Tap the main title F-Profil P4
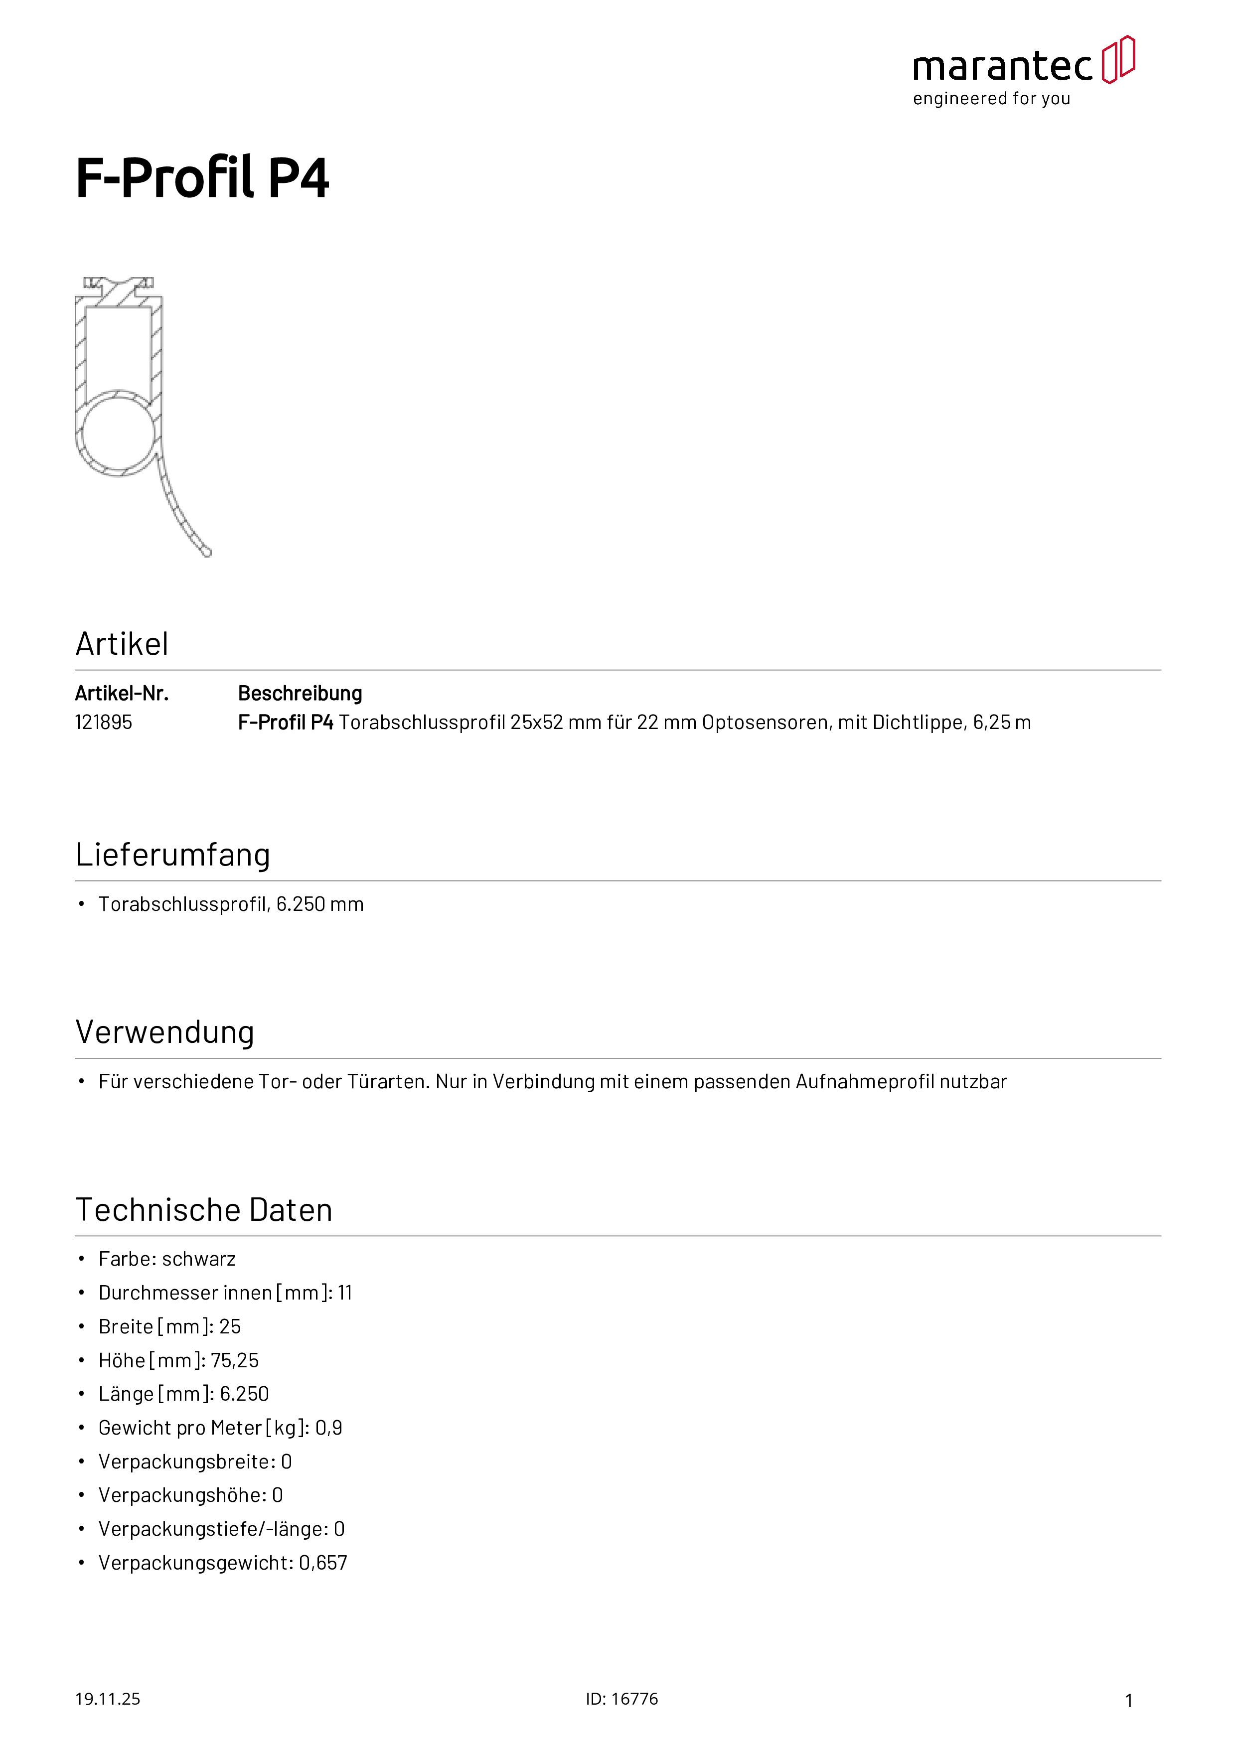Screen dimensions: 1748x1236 coord(202,178)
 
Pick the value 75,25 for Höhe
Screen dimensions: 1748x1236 coord(235,1360)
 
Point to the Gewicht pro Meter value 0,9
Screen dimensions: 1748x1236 coord(328,1428)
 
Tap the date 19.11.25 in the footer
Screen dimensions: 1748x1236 coord(107,1699)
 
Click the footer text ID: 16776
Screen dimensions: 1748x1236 coord(621,1699)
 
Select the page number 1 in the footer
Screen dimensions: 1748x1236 coord(1129,1700)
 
